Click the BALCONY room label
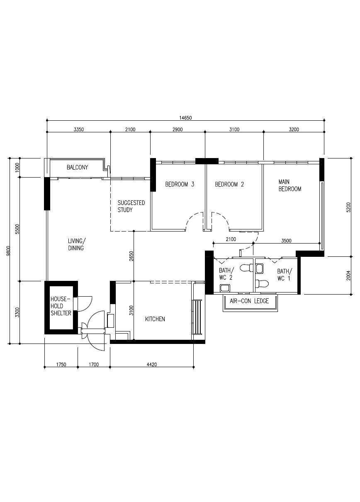pos(78,168)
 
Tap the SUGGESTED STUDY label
pos(131,206)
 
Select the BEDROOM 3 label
pos(180,185)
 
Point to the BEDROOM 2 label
pos(229,185)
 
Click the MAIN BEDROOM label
pos(289,185)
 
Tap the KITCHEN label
pos(155,319)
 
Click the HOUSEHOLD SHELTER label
pos(61,306)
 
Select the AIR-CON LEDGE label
pos(249,301)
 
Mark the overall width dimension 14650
pos(185,118)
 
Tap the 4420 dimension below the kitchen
pos(152,365)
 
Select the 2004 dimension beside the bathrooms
pos(348,275)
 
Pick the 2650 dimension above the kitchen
pos(131,256)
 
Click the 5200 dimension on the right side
pos(348,207)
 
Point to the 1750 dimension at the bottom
pos(61,365)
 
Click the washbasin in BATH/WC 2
pos(224,288)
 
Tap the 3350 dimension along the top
pos(79,129)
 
